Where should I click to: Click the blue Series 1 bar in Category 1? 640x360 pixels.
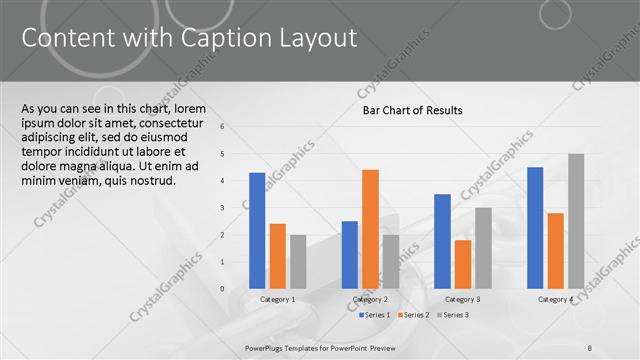pos(257,231)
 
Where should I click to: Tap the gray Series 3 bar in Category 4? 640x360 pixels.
pos(576,221)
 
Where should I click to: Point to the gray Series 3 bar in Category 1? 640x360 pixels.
pos(298,262)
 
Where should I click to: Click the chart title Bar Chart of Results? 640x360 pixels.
pos(412,111)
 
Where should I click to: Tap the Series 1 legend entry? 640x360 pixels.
pos(374,315)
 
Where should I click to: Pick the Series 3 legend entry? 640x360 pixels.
pos(453,315)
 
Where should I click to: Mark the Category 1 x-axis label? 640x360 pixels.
pos(277,299)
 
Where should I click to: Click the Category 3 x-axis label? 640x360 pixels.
pos(462,299)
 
